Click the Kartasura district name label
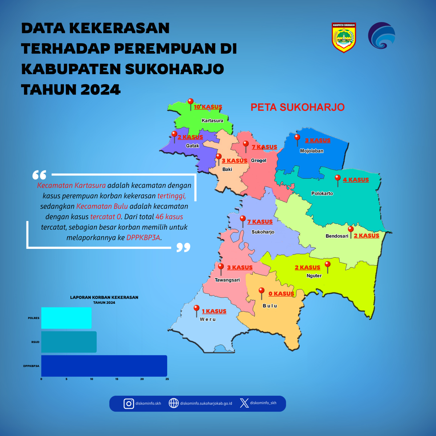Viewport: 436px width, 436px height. [212, 121]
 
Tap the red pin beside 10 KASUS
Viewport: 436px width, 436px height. [190, 104]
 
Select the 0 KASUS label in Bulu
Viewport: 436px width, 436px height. [281, 294]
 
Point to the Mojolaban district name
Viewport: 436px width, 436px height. [311, 151]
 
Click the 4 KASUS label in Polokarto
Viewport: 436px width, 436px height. [356, 180]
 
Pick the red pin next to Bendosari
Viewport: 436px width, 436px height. [351, 232]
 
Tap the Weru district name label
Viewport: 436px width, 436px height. [208, 319]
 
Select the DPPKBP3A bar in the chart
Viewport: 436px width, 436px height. [104, 366]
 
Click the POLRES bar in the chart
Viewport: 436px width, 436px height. [66, 318]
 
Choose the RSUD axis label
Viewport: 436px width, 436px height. [35, 342]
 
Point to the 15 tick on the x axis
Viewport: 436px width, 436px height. [117, 379]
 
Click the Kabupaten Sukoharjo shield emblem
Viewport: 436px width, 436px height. [344, 37]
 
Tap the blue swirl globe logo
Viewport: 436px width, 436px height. [381, 35]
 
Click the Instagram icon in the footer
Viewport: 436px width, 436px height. [129, 404]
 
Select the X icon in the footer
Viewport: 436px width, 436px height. [245, 403]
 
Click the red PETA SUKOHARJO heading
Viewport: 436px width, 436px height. [298, 107]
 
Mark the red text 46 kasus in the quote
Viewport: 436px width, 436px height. [169, 217]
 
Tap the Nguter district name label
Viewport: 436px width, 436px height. [314, 275]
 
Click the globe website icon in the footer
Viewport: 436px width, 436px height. [174, 403]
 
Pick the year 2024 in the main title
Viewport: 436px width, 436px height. [100, 90]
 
